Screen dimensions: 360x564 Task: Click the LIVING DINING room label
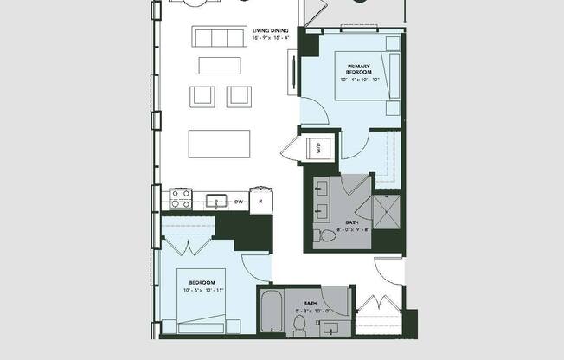271,30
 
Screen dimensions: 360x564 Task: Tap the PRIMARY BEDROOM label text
358,67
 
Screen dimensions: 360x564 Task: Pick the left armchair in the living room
202,95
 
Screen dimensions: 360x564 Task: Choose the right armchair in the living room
239,95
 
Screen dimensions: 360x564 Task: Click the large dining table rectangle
220,142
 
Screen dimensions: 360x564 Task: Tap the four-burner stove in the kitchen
180,199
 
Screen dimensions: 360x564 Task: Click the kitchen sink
217,202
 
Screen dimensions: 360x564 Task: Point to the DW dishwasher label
238,202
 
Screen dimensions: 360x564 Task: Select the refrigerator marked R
260,202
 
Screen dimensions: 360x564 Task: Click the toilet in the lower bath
299,325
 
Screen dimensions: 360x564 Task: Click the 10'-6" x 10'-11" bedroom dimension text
202,290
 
